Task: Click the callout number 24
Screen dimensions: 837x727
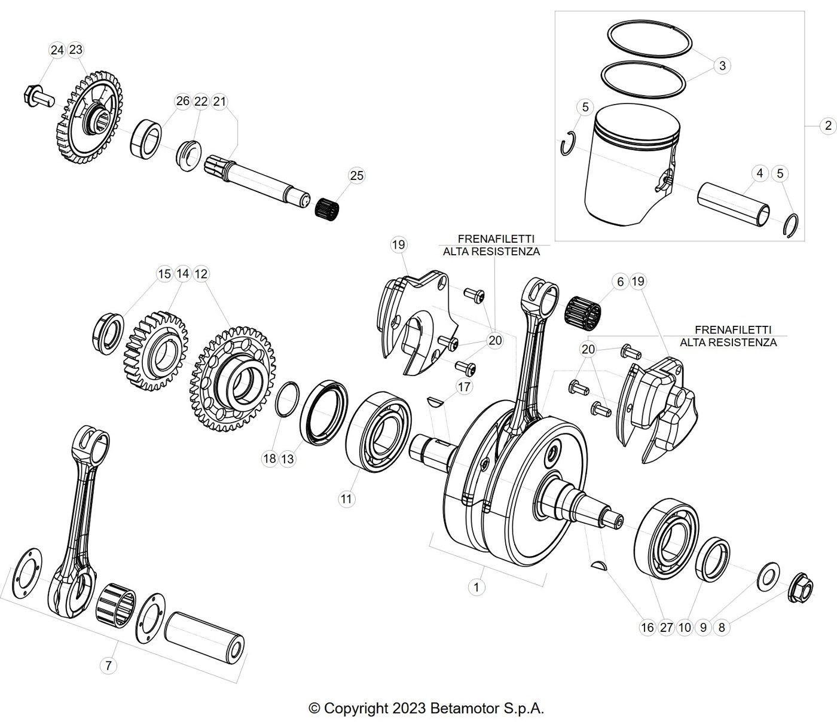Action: click(x=57, y=50)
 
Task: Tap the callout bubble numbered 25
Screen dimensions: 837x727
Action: click(x=356, y=176)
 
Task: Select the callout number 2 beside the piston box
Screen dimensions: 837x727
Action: click(x=828, y=126)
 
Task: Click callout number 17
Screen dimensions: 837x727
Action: click(x=464, y=387)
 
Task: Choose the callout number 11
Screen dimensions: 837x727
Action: click(x=346, y=499)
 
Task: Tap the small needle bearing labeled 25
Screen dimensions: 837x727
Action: click(x=328, y=209)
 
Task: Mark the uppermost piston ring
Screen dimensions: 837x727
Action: click(x=649, y=39)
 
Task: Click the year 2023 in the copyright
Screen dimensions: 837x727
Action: click(x=409, y=708)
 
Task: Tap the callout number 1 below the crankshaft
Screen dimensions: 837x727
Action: click(x=476, y=588)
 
